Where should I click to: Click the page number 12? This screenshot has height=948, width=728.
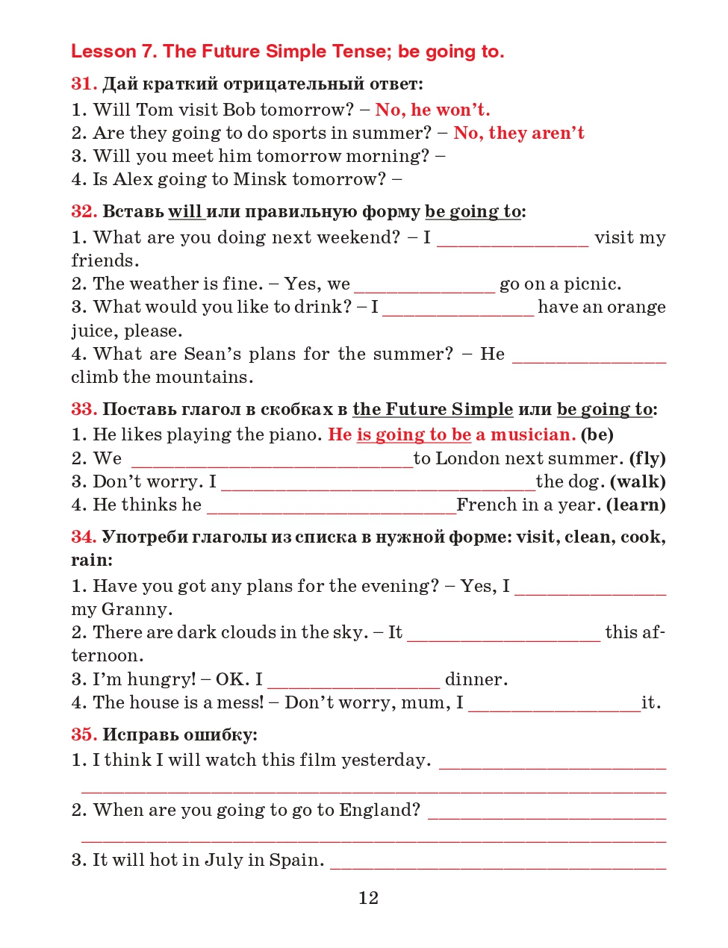click(x=368, y=898)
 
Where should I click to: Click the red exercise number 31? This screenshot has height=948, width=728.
click(x=84, y=84)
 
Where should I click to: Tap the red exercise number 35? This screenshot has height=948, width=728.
click(x=84, y=735)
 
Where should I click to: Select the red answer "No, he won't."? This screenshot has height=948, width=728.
click(x=432, y=110)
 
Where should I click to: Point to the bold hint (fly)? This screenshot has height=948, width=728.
click(x=647, y=458)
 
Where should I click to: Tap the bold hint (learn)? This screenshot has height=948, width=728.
click(x=635, y=505)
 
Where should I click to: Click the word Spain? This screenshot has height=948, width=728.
click(x=296, y=860)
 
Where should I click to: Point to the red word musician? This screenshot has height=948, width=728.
click(x=532, y=434)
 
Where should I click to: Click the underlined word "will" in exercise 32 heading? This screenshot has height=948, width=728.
click(x=184, y=211)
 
